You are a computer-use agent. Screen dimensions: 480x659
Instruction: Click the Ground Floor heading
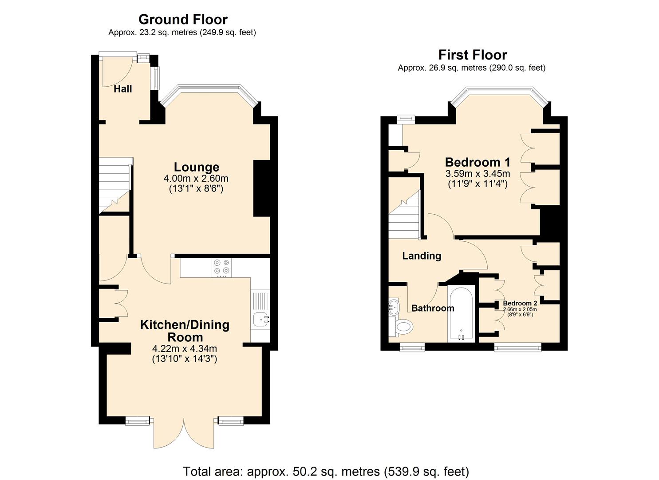point(183,20)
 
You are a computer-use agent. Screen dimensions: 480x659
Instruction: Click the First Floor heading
point(472,55)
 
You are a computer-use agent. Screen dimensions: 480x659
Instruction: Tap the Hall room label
point(122,89)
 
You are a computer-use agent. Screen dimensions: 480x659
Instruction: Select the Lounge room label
point(196,167)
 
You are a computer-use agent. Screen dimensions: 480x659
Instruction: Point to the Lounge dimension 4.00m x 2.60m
point(196,179)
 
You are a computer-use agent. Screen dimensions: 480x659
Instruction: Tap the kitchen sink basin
point(260,319)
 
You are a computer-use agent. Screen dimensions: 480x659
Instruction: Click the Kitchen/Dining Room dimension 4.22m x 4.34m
point(184,348)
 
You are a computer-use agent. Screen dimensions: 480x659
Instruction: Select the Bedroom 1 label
point(477,162)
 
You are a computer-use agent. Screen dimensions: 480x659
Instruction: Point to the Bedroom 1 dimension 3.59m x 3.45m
point(477,174)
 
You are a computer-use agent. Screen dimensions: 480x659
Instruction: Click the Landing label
point(422,256)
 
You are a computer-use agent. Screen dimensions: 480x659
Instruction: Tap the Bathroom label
point(433,308)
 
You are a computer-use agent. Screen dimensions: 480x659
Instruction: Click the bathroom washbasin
point(393,306)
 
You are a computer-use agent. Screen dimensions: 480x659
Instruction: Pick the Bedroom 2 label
point(520,303)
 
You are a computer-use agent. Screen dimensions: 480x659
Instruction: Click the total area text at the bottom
point(326,471)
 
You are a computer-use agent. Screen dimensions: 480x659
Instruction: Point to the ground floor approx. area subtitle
point(182,32)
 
